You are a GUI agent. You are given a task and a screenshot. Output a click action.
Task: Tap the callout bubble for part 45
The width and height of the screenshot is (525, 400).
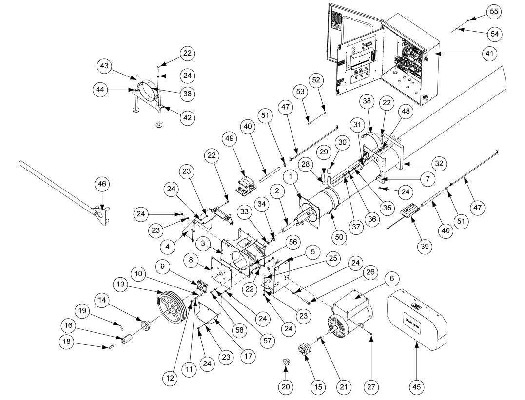coord(417,387)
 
